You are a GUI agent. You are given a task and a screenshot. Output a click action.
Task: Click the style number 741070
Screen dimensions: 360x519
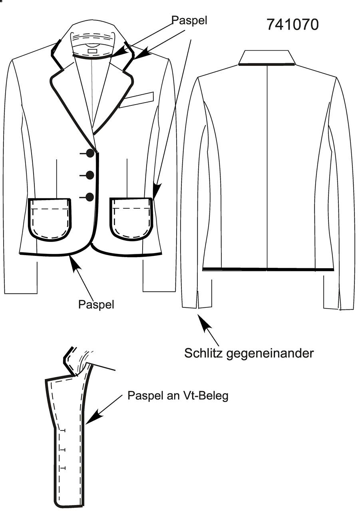293,25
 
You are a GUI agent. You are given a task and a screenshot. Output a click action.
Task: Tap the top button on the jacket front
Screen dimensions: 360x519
90,153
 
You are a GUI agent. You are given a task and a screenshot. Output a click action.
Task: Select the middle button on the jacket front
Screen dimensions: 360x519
90,175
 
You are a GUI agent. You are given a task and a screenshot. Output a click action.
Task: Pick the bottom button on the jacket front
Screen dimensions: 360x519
90,197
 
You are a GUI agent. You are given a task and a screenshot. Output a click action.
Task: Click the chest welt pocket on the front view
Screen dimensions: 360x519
136,100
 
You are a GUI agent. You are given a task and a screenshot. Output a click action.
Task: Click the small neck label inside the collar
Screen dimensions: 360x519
93,50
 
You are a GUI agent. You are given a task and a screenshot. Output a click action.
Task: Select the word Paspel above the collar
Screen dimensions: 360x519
189,20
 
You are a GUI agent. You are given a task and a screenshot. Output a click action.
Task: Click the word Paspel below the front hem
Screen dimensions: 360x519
96,304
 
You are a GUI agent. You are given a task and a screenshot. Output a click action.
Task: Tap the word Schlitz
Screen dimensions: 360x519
203,353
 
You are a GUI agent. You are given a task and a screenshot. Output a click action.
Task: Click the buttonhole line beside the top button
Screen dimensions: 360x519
83,154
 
